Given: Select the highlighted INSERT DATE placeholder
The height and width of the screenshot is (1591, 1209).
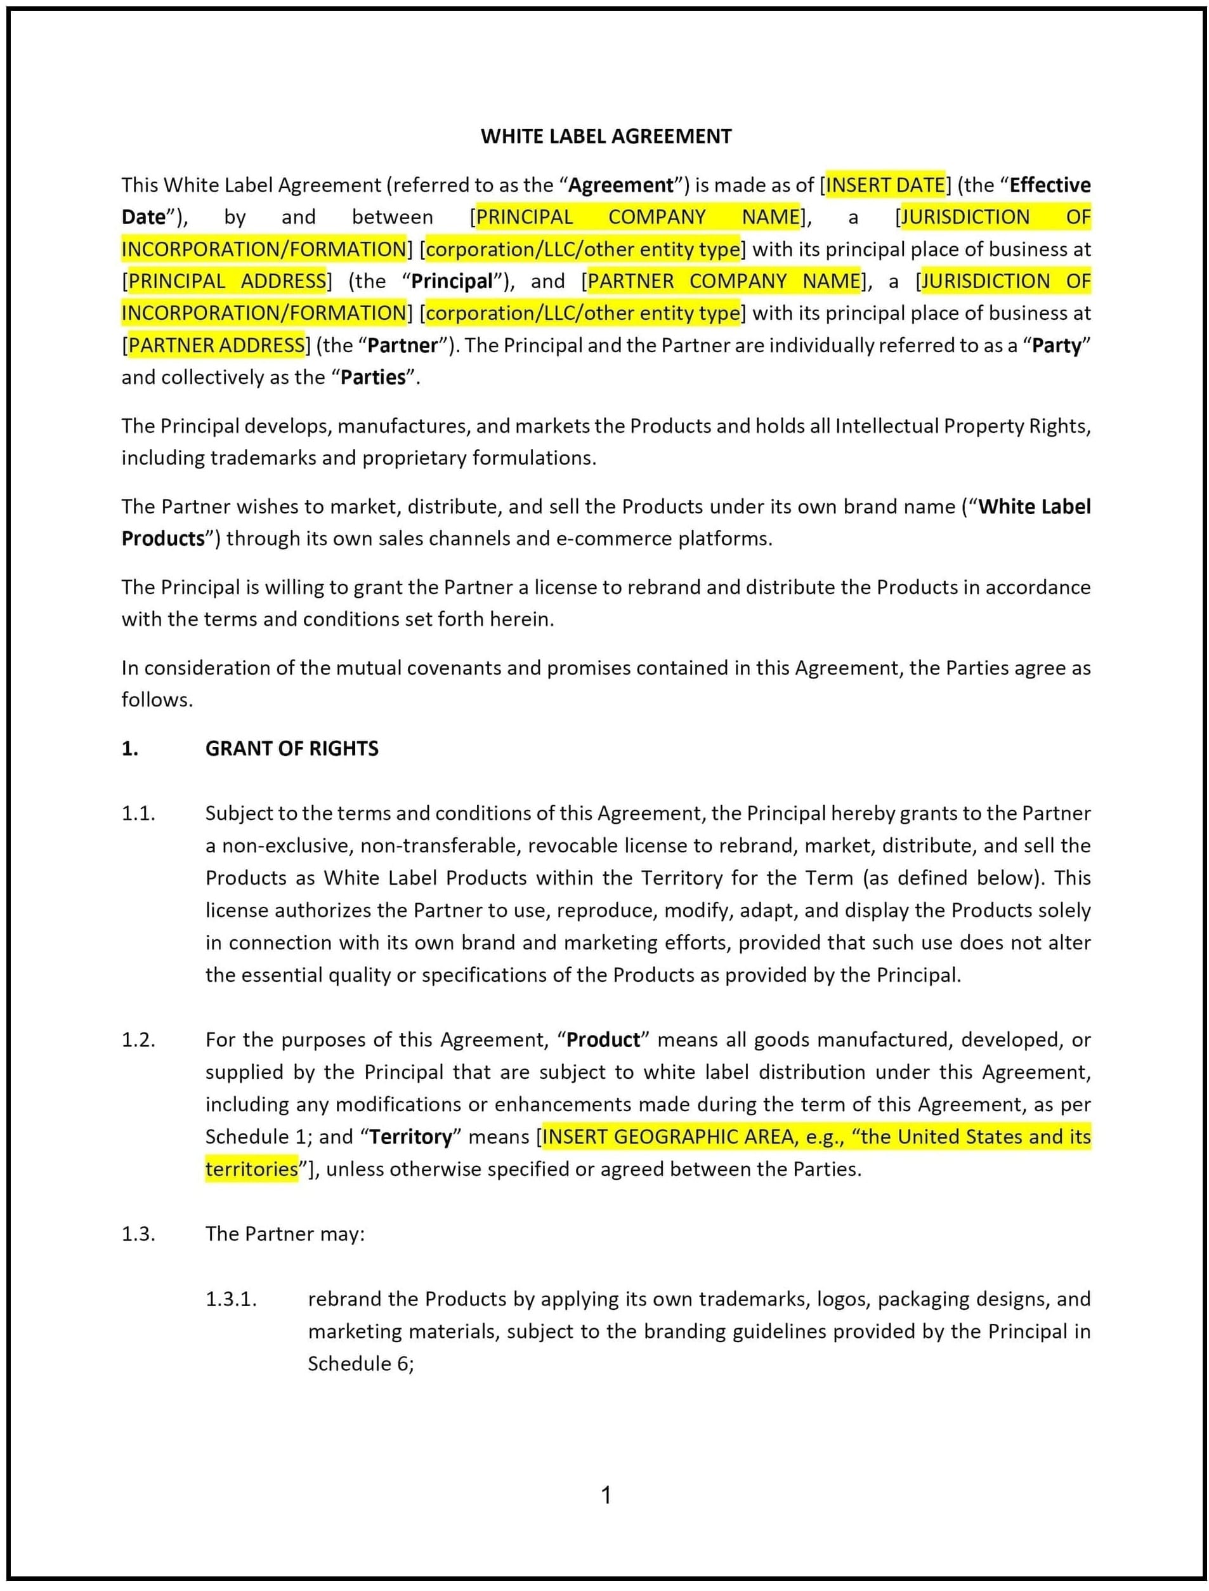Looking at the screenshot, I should click(x=885, y=185).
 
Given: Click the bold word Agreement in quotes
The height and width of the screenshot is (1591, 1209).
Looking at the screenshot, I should click(x=621, y=185).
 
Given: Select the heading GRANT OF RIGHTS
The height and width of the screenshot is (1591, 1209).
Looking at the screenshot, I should click(x=291, y=749).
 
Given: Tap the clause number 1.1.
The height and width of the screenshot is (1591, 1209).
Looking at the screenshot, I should click(x=138, y=814).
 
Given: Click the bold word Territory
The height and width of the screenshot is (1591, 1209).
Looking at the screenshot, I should click(x=411, y=1137).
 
